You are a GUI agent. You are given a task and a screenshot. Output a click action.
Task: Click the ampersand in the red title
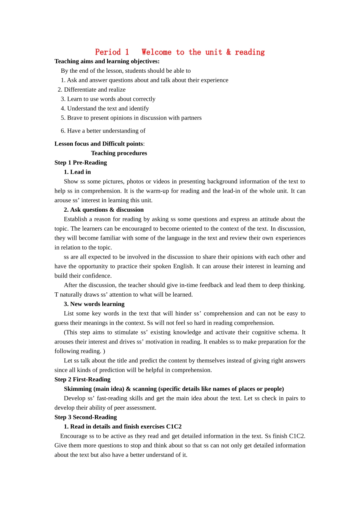[x=229, y=52]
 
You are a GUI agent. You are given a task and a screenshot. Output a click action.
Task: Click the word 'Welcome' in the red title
[x=157, y=52]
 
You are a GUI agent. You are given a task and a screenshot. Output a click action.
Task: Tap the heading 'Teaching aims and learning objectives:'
[x=107, y=61]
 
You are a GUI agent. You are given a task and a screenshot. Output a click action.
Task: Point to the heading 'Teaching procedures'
[x=119, y=153]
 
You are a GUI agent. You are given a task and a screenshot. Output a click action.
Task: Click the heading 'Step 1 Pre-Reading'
[x=81, y=162]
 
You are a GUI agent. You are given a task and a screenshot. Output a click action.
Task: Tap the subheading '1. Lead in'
[x=77, y=172]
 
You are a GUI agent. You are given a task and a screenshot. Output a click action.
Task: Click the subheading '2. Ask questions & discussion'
[x=104, y=210]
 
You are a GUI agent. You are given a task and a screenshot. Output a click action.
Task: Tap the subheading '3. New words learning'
[x=94, y=304]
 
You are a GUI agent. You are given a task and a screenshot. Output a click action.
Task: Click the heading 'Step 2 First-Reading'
[x=83, y=379]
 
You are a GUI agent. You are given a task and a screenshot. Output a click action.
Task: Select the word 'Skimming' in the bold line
[x=78, y=389]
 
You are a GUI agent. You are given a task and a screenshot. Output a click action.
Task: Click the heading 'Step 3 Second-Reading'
[x=86, y=417]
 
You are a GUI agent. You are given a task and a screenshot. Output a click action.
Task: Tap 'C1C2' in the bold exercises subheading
[x=174, y=427]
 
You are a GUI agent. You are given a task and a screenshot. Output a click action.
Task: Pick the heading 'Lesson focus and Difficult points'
[x=99, y=144]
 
